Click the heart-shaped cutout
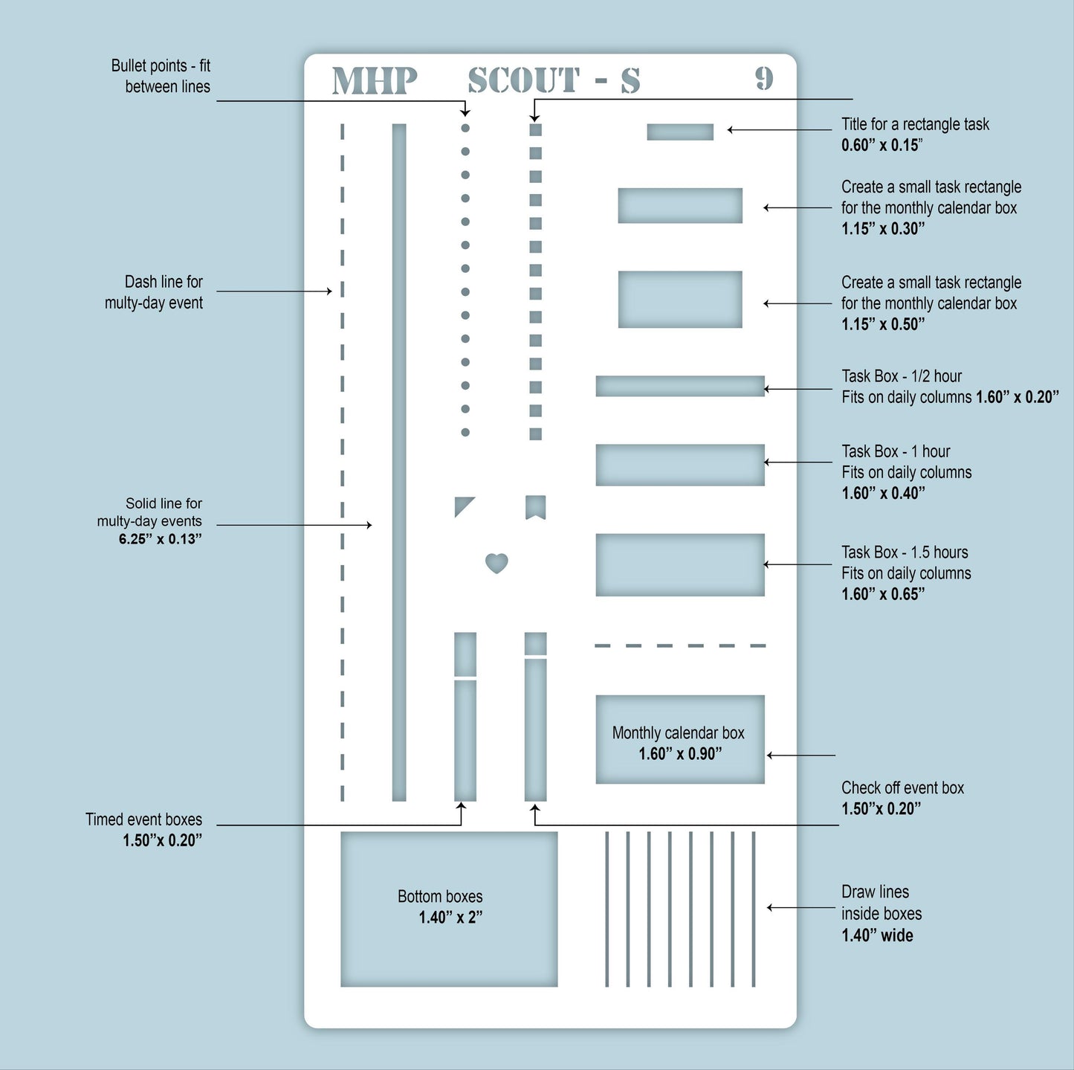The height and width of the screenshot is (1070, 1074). pyautogui.click(x=496, y=563)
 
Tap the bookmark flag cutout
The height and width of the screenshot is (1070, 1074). pyautogui.click(x=535, y=507)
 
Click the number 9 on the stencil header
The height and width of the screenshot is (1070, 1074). pyautogui.click(x=764, y=79)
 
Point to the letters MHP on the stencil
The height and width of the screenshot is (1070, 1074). pyautogui.click(x=375, y=80)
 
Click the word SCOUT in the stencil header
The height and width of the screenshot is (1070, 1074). pyautogui.click(x=523, y=80)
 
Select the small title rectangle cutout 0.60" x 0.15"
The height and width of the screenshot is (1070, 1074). pyautogui.click(x=680, y=132)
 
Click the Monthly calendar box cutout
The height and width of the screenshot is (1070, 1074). pyautogui.click(x=680, y=739)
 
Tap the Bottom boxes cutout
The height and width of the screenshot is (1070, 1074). pyautogui.click(x=449, y=909)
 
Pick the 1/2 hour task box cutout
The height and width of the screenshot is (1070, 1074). pyautogui.click(x=680, y=386)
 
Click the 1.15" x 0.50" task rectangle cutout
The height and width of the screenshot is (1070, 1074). pyautogui.click(x=680, y=299)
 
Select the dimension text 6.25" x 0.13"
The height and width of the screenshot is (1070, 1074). pyautogui.click(x=160, y=539)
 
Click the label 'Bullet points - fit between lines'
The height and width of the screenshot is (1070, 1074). pyautogui.click(x=161, y=76)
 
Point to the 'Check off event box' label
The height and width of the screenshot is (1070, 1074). pyautogui.click(x=902, y=788)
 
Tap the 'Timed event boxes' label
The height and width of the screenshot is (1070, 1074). pyautogui.click(x=143, y=819)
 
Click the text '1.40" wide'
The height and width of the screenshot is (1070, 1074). pyautogui.click(x=877, y=935)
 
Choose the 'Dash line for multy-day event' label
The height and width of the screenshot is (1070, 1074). pyautogui.click(x=154, y=292)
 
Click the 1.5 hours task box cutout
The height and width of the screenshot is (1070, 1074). pyautogui.click(x=680, y=564)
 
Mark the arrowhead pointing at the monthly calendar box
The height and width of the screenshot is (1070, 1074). pyautogui.click(x=770, y=755)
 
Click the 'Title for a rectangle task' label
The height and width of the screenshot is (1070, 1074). pyautogui.click(x=915, y=124)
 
